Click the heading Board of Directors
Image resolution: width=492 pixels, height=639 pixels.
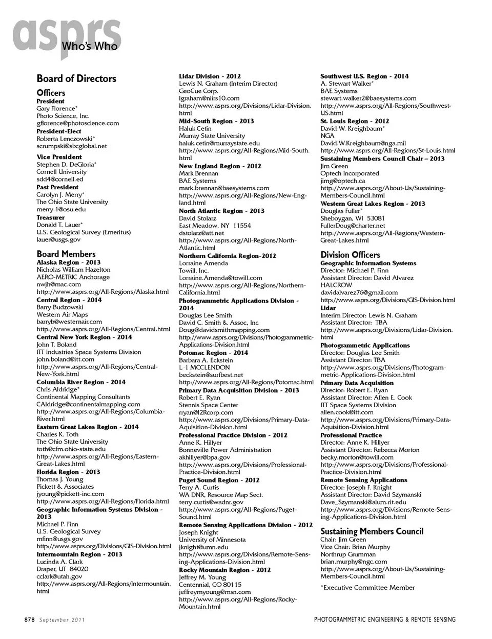click(76, 78)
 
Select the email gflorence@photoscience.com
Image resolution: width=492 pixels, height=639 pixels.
click(77, 123)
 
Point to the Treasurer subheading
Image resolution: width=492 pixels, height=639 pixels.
click(51, 217)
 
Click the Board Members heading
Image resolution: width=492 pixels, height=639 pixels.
click(66, 254)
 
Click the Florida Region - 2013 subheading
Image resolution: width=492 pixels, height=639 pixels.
click(68, 472)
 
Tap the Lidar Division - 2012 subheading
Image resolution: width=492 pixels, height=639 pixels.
click(210, 76)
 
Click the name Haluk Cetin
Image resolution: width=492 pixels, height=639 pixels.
click(195, 128)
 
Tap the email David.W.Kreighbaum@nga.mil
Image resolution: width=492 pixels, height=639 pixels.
click(363, 143)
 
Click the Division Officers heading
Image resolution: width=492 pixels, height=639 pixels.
click(350, 255)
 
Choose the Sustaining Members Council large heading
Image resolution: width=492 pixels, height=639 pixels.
click(372, 531)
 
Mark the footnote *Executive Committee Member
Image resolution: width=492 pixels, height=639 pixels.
click(367, 588)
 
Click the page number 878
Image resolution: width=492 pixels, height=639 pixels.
click(29, 620)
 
